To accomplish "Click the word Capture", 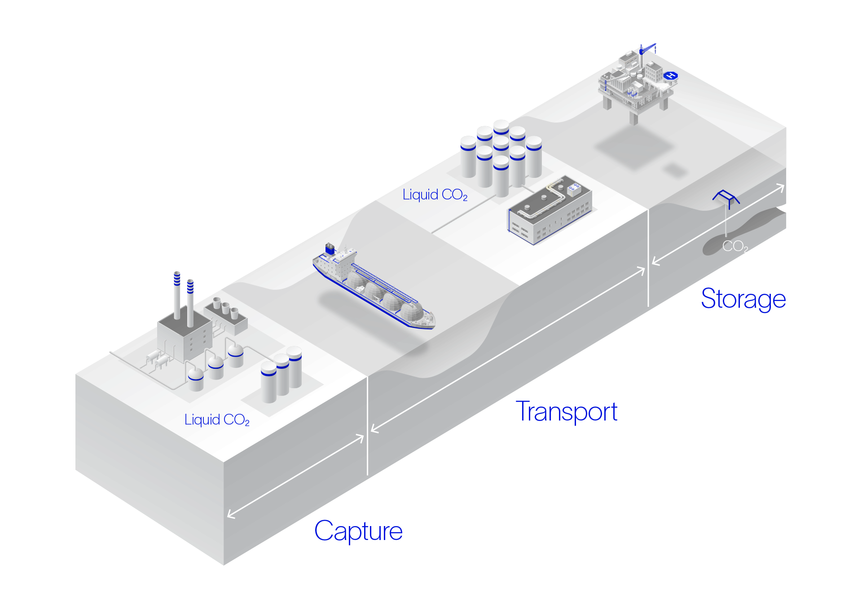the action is (x=358, y=531).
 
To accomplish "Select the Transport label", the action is (x=567, y=412).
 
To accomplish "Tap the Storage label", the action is (x=743, y=299).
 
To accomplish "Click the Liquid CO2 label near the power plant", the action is (x=217, y=420).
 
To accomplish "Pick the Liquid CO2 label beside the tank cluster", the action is (x=435, y=195).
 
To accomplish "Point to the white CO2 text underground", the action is (x=735, y=246).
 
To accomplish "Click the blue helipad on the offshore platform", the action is (x=671, y=75).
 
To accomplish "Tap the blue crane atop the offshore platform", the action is (x=647, y=49).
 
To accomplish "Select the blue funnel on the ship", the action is (x=330, y=248).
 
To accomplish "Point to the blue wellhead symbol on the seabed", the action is (x=726, y=198).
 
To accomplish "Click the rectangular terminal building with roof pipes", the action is (x=550, y=210).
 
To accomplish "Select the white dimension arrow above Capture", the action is (x=295, y=476).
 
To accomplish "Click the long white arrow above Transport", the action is (x=508, y=350).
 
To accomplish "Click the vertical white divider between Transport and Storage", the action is (x=648, y=258).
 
